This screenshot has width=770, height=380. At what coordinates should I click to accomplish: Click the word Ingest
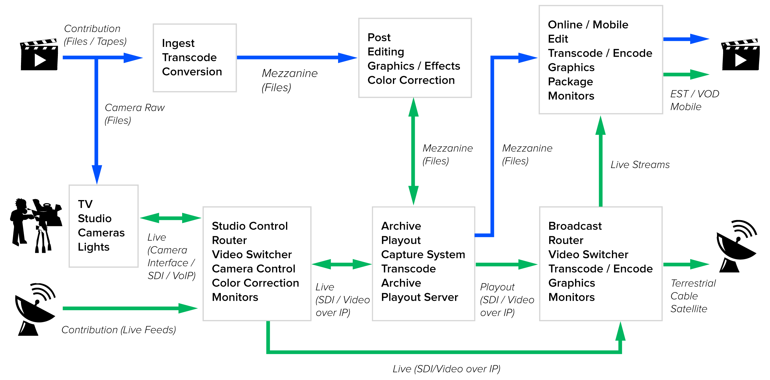[x=178, y=44]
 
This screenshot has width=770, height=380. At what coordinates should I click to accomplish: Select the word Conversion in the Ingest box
[x=192, y=72]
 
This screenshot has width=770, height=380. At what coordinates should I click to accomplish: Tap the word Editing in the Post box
[x=386, y=52]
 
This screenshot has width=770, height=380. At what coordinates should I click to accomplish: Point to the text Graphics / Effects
[x=414, y=66]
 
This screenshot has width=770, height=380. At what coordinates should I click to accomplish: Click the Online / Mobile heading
[x=588, y=25]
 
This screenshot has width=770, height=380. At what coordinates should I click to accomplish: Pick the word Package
[x=570, y=82]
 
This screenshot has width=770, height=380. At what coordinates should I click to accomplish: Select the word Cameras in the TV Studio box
[x=101, y=233]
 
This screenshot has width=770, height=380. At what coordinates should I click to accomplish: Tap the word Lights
[x=94, y=247]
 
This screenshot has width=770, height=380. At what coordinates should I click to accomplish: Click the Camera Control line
[x=253, y=269]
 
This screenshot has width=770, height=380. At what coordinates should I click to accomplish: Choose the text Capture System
[x=423, y=255]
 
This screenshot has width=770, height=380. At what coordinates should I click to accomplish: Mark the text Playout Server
[x=419, y=297]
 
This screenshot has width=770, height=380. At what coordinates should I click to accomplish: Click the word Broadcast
[x=575, y=226]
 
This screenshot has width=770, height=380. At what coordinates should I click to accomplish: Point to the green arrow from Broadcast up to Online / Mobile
[x=601, y=164]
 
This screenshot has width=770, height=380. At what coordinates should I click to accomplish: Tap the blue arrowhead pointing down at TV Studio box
[x=97, y=174]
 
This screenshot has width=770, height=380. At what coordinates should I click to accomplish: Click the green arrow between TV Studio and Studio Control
[x=171, y=218]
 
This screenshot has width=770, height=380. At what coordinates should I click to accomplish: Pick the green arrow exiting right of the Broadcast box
[x=685, y=264]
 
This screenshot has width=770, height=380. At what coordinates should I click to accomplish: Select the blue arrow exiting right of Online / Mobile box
[x=685, y=39]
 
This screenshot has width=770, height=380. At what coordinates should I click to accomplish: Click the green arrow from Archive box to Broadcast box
[x=506, y=264]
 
